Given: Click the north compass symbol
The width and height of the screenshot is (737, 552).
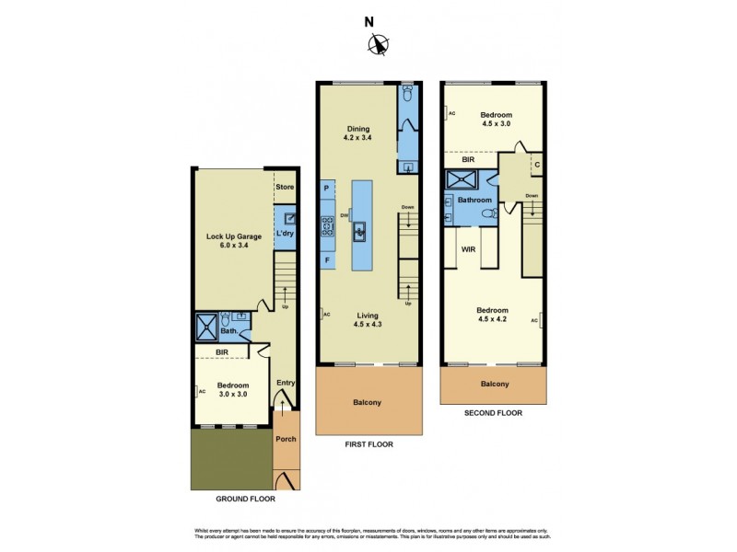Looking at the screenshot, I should coord(377,43).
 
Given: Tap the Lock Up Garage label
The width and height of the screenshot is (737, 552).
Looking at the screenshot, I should coord(233,236).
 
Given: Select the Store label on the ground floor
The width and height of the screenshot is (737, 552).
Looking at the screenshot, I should coord(285,188).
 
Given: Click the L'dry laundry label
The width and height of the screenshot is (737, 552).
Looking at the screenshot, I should coord(285,236).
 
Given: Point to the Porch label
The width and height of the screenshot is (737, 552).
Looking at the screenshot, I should coord(287,439).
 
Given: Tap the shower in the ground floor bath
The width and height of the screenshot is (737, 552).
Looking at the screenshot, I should coord(205,326).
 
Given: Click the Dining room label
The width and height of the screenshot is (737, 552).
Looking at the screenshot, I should coord(357,129).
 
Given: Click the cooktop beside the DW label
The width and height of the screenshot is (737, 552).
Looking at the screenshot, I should coord(327,226).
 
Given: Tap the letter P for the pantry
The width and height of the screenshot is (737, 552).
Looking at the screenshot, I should coord(327,189).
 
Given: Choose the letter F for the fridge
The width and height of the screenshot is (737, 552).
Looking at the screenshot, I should coord(327,260).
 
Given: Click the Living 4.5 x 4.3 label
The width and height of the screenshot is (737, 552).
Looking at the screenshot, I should coord(368,319).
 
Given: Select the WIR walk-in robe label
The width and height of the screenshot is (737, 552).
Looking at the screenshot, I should coord(468,247).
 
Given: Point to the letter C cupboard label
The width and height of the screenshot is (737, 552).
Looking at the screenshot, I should coord(537,166).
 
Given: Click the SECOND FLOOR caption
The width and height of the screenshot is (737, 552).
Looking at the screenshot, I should coord(495,413).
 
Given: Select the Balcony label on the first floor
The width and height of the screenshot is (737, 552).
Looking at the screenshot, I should coord(367,402).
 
